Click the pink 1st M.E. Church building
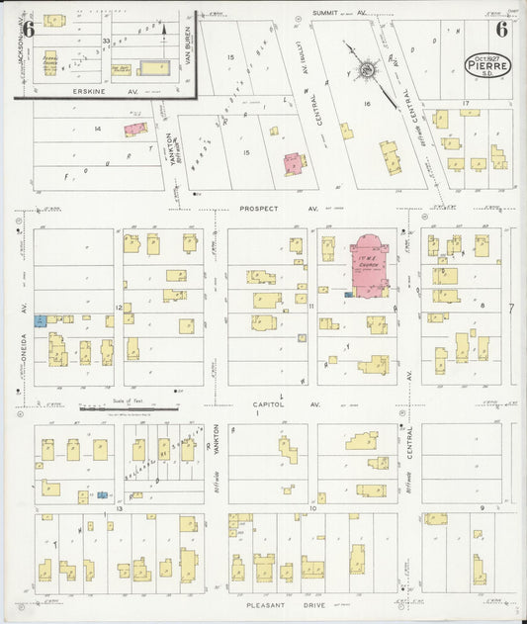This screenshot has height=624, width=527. (x=369, y=265)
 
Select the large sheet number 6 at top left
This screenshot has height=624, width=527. (x=30, y=30)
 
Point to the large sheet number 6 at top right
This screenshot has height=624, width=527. (x=502, y=29)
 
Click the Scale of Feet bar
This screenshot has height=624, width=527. (x=129, y=407)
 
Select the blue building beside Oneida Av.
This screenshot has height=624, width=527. (x=41, y=320)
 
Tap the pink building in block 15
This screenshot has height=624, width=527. (x=294, y=163)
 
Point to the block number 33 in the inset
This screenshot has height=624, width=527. (x=107, y=41)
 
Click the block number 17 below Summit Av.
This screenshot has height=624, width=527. (x=464, y=103)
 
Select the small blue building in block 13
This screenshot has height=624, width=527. (x=102, y=493)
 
